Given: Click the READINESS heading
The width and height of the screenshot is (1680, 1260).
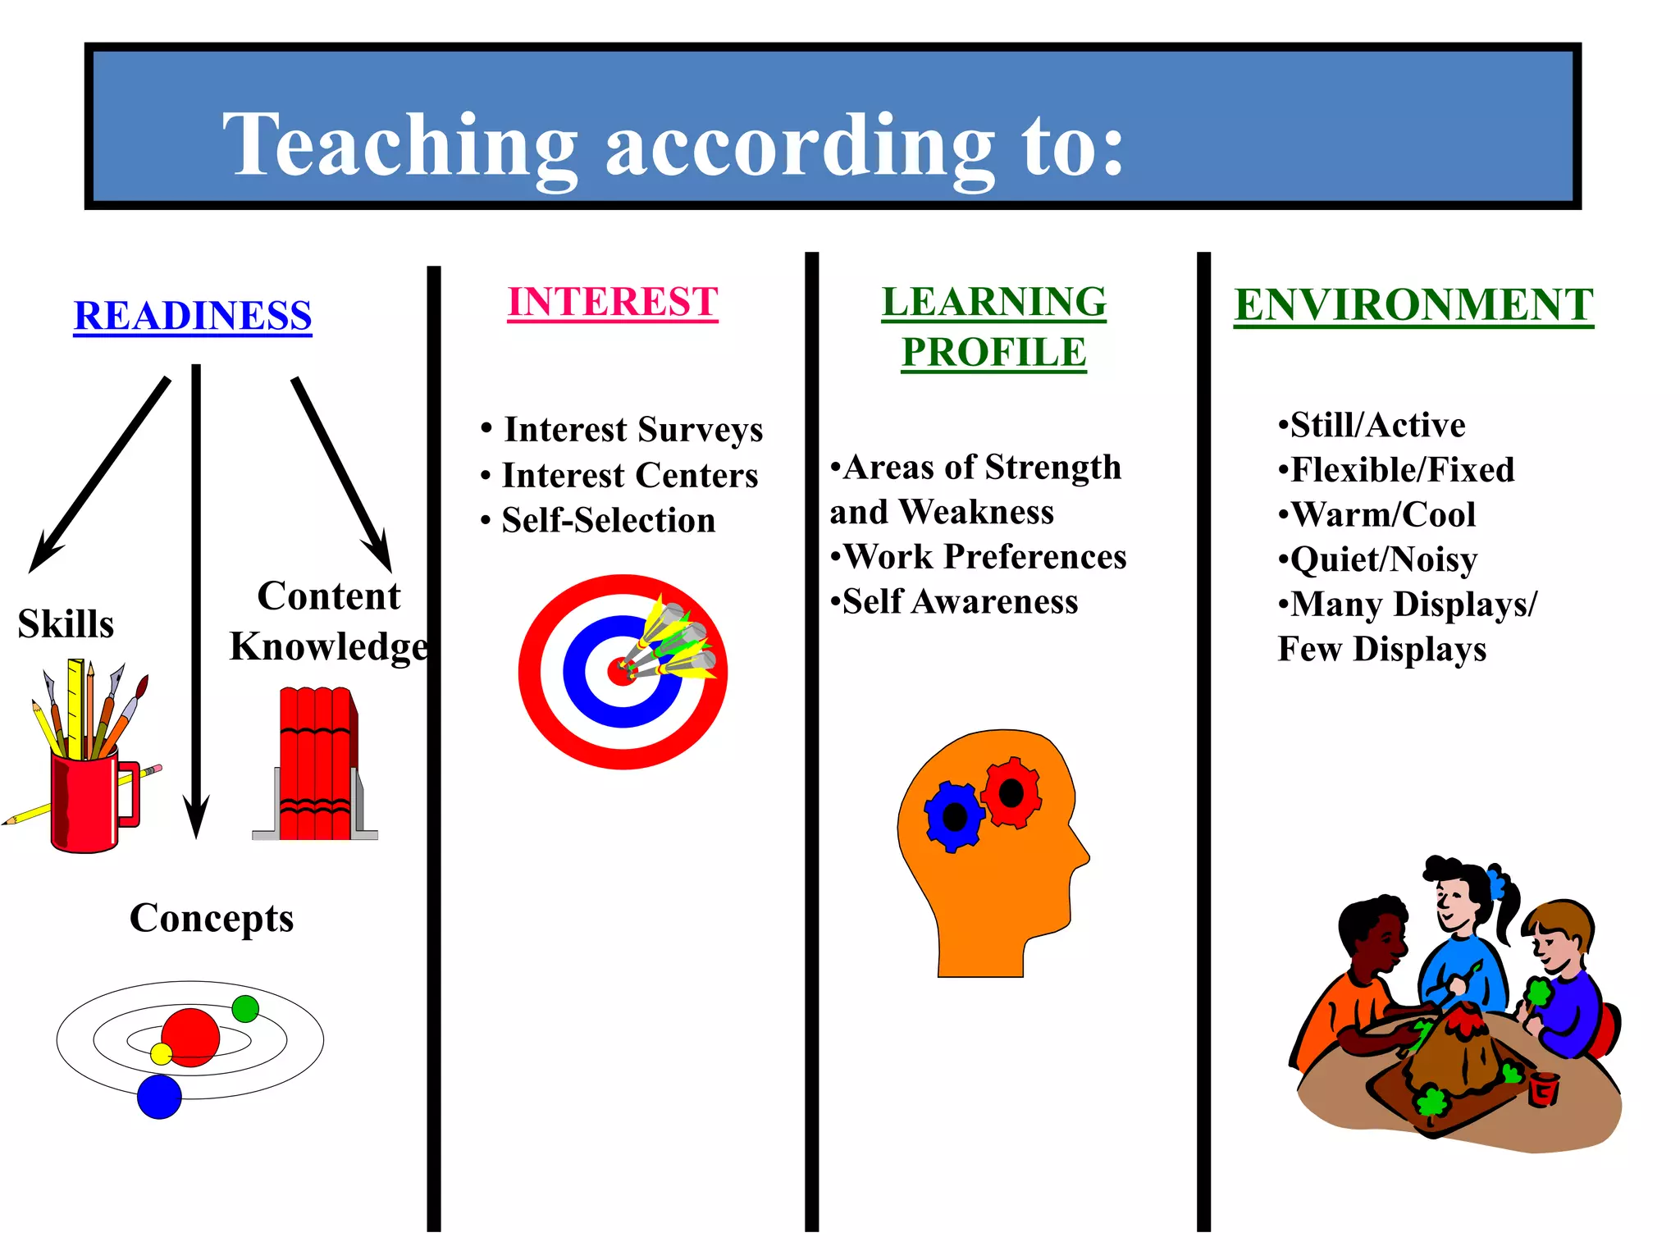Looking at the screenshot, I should [193, 316].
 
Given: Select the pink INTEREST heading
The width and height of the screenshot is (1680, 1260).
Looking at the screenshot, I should [613, 302].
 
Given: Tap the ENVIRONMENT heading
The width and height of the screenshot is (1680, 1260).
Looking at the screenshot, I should [1413, 305].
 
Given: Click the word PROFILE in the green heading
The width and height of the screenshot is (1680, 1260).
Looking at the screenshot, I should [993, 353].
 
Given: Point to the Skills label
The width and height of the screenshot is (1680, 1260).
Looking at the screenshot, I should [66, 624].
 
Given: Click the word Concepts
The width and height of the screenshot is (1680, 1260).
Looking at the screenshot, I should [212, 918].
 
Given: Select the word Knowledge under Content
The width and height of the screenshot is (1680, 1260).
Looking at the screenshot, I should [328, 646].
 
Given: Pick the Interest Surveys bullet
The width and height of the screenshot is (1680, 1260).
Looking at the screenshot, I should [632, 429].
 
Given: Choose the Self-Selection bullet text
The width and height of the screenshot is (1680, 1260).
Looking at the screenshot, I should [608, 520].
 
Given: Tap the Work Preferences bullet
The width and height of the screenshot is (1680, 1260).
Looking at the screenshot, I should [984, 557].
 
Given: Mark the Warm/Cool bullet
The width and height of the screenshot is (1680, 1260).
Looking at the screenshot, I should [1383, 514].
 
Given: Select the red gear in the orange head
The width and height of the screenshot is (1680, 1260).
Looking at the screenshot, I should [1011, 792].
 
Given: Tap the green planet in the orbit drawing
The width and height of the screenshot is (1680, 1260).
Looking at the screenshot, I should [245, 1008].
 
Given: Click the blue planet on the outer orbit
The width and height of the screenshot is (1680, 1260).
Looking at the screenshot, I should [159, 1097].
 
